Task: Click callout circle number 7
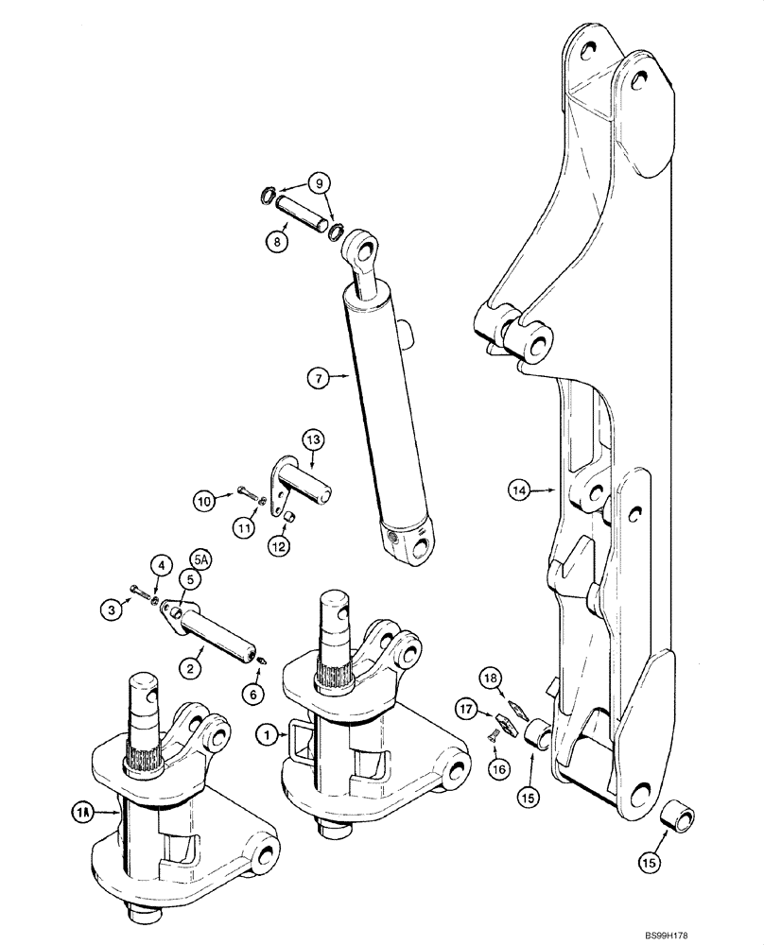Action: click(317, 379)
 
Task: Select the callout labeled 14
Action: click(516, 490)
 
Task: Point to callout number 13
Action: click(314, 439)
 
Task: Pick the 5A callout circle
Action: click(200, 558)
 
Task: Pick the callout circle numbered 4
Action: click(161, 566)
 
